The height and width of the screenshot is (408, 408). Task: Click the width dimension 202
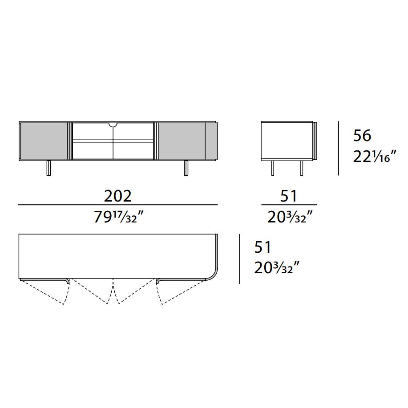point(117,196)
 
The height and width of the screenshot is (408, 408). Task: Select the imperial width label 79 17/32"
point(119,217)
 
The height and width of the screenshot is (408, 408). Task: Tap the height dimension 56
point(362,136)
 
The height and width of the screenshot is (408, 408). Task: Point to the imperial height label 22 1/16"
point(375,157)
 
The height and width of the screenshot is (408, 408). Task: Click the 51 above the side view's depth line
point(288,196)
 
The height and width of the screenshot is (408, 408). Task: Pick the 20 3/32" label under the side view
point(290,217)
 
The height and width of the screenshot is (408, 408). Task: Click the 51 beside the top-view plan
point(263,247)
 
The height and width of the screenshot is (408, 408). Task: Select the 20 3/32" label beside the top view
point(277,267)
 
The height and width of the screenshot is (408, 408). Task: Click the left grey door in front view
point(44,141)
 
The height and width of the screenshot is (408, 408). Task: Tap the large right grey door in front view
point(182,141)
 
